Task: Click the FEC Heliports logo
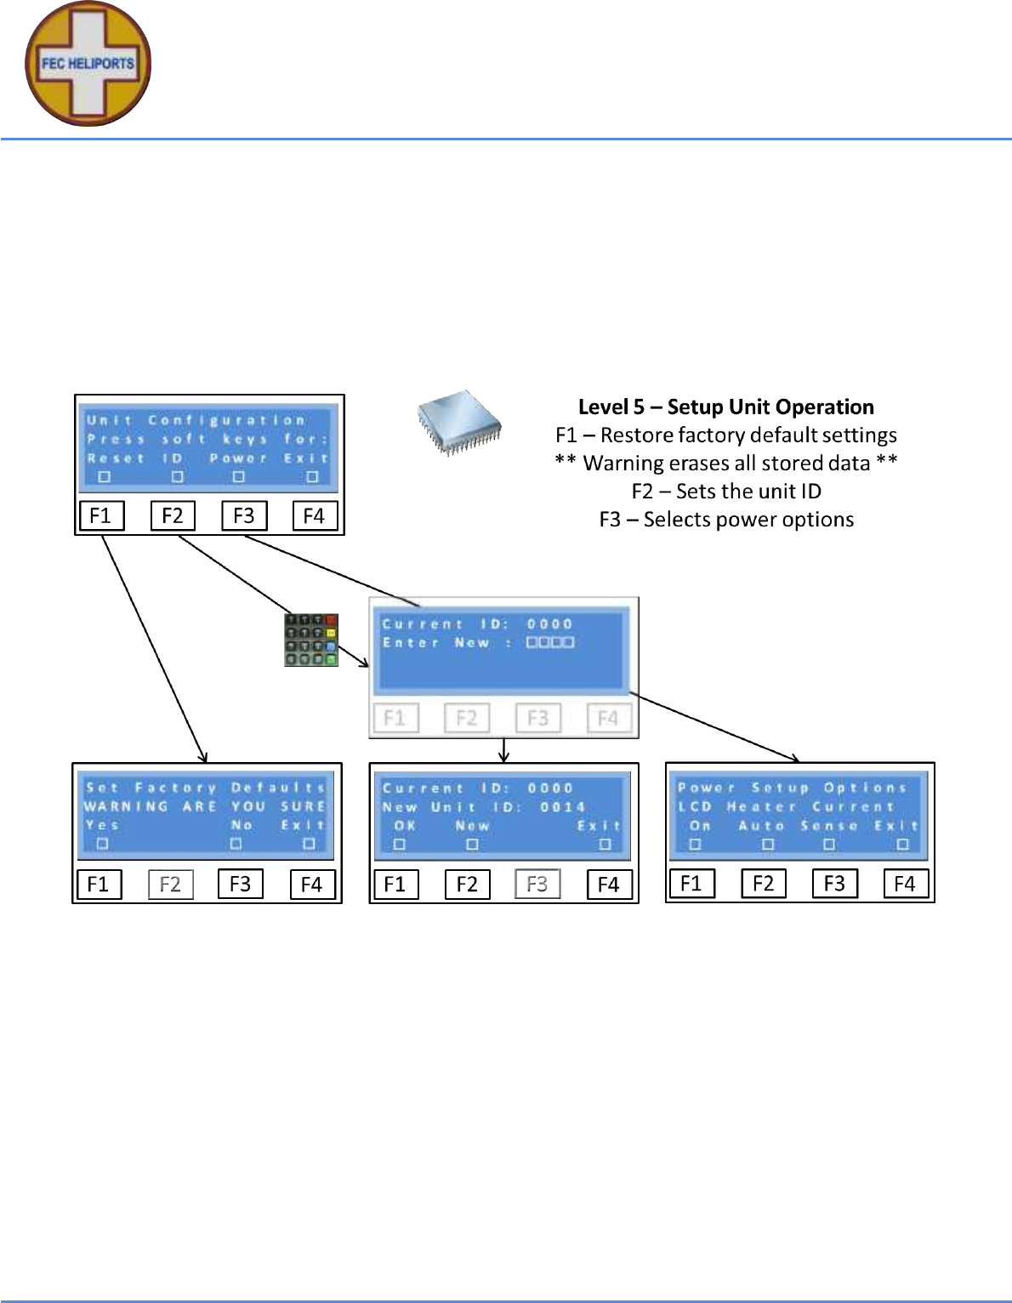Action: point(88,64)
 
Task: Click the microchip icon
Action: point(459,422)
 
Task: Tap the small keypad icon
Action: point(310,640)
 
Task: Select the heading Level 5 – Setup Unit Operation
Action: point(725,407)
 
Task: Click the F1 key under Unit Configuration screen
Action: point(100,515)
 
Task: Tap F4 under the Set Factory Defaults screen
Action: point(311,885)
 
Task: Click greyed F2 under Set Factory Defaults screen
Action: point(170,885)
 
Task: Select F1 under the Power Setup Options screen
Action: point(691,884)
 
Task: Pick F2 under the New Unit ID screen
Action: point(467,885)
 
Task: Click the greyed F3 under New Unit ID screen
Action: point(537,885)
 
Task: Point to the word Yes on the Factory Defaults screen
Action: point(102,825)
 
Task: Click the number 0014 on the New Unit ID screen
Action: point(563,807)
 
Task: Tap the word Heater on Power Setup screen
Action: point(761,806)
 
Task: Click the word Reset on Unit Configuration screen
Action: point(116,458)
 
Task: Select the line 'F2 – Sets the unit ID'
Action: point(726,491)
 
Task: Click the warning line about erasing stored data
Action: point(726,463)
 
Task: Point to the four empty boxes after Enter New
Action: point(550,642)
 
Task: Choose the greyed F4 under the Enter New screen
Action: point(608,719)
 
